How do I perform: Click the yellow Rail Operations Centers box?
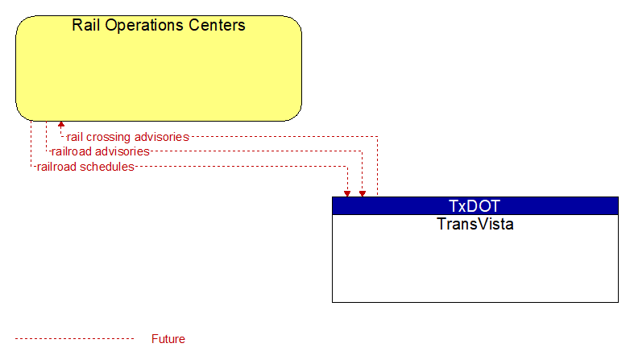coord(159,68)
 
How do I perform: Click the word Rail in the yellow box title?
coord(86,25)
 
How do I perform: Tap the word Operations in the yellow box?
coord(144,26)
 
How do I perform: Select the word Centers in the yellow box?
coord(217,25)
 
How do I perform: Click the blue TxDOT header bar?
coord(475,205)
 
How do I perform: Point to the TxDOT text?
coord(475,205)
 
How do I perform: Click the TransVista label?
coord(475,224)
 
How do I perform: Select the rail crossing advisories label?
coord(128,137)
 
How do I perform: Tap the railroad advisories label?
coord(101,151)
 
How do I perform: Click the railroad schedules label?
coord(85,167)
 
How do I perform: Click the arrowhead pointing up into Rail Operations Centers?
coord(61,125)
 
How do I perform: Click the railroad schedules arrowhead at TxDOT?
coord(347,193)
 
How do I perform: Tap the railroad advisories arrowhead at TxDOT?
coord(363,193)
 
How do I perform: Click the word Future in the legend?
coord(168,339)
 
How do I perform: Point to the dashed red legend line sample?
coord(74,339)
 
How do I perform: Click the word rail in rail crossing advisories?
coord(75,137)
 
